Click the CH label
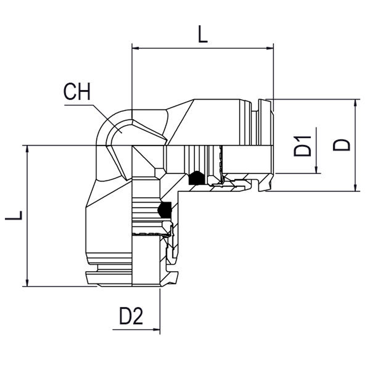77,92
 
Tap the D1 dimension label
303,146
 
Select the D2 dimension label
131,316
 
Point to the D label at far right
342,145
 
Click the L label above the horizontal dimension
203,34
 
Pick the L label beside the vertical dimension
14,215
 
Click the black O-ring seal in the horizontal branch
196,178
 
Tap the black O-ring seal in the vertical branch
165,210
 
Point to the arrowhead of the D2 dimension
157,329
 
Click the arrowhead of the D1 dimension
316,170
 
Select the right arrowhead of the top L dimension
270,48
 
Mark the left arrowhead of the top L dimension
136,48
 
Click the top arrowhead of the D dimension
355,103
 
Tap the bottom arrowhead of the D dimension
355,187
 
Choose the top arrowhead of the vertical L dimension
27,149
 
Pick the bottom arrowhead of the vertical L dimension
27,283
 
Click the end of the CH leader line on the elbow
122,133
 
